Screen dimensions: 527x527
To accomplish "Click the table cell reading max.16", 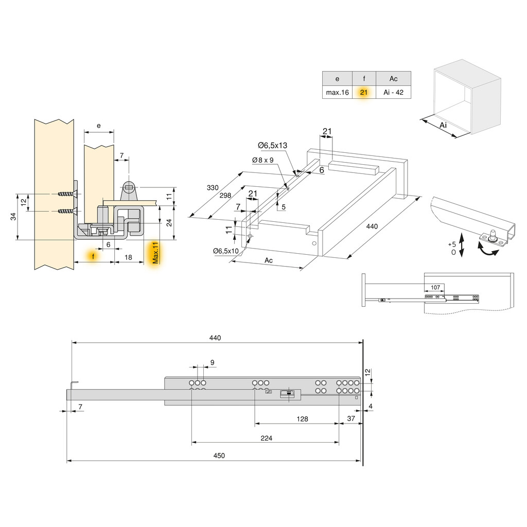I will (337, 93).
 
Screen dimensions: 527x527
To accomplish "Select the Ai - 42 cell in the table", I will (393, 93).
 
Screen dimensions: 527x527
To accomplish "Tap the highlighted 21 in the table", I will (364, 93).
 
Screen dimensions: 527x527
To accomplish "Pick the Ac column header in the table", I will (393, 79).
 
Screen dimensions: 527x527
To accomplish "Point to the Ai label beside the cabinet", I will (443, 125).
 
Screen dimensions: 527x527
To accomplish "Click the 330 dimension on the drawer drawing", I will (213, 188).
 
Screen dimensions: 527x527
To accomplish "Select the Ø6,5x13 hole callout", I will (272, 146).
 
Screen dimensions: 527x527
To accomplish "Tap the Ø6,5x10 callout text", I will (226, 251).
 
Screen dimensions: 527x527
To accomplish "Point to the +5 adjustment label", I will (452, 244).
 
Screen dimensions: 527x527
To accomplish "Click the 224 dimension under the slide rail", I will (266, 438).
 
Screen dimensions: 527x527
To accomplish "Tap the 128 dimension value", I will (302, 419).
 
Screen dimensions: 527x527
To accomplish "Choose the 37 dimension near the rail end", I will (351, 419).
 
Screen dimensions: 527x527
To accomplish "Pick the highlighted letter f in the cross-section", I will (93, 256).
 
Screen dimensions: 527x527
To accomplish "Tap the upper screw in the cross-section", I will (67, 194).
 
